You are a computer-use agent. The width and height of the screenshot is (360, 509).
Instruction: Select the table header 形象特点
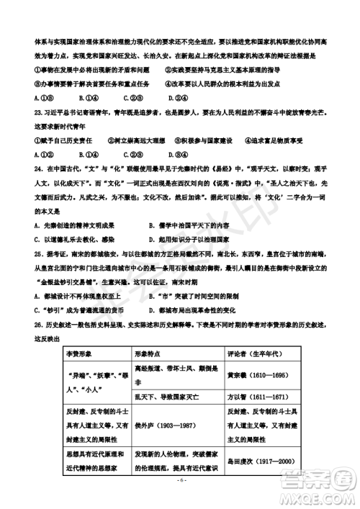tap(148, 355)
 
